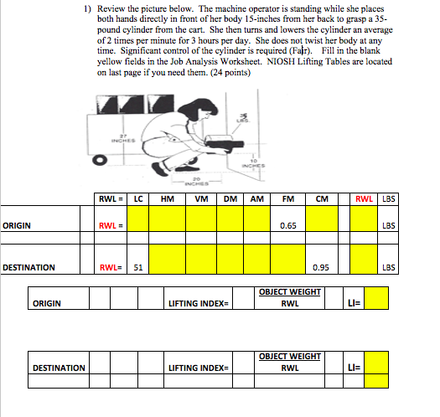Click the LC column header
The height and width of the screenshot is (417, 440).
(137, 198)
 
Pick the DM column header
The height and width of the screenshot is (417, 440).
(230, 198)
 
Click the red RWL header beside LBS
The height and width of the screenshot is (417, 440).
(364, 198)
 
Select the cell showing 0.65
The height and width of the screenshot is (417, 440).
(287, 225)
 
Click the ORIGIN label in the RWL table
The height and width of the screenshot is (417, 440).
(18, 225)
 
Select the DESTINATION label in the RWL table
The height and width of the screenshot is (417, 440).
(29, 268)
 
